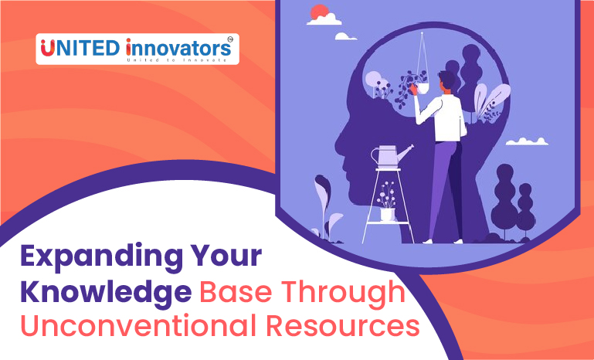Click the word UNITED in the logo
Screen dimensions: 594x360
tap(80, 48)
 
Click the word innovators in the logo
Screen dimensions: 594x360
tap(178, 48)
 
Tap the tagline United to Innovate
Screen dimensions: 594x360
tap(177, 60)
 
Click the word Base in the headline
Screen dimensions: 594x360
tap(236, 292)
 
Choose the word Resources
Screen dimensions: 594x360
tap(343, 326)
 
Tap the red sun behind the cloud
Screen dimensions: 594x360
tap(319, 12)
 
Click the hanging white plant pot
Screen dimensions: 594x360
tap(423, 89)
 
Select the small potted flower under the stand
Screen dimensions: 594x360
tap(387, 202)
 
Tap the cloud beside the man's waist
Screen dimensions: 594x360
tap(527, 141)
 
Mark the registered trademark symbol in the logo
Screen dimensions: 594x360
tap(230, 39)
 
